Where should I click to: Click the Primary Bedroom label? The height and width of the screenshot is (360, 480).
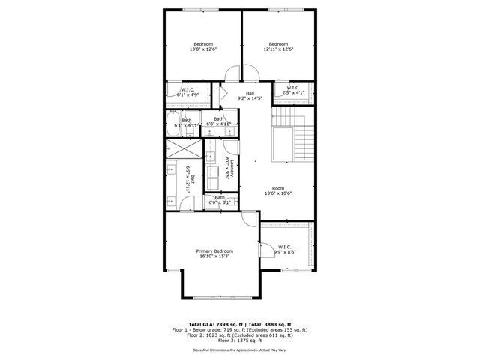[214, 250]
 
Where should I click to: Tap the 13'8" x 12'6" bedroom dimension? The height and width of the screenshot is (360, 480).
[203, 49]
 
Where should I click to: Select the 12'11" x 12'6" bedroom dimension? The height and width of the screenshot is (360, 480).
[278, 49]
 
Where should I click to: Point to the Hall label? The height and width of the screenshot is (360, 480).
[250, 93]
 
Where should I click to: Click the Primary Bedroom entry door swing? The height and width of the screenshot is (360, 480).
[248, 218]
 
